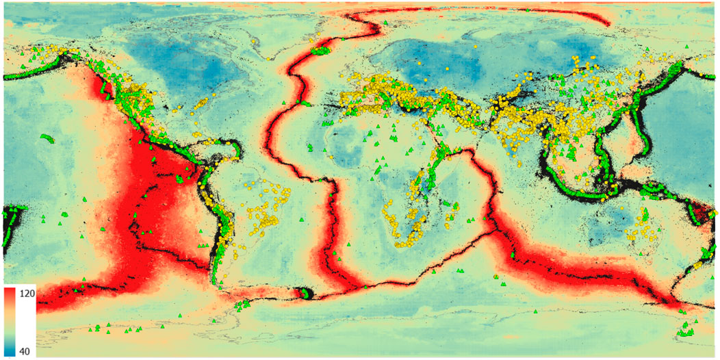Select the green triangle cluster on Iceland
pyautogui.click(x=320, y=50)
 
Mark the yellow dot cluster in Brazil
pyautogui.click(x=260, y=205)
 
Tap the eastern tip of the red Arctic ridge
pyautogui.click(x=608, y=24)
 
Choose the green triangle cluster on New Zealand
pyautogui.click(x=684, y=332)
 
